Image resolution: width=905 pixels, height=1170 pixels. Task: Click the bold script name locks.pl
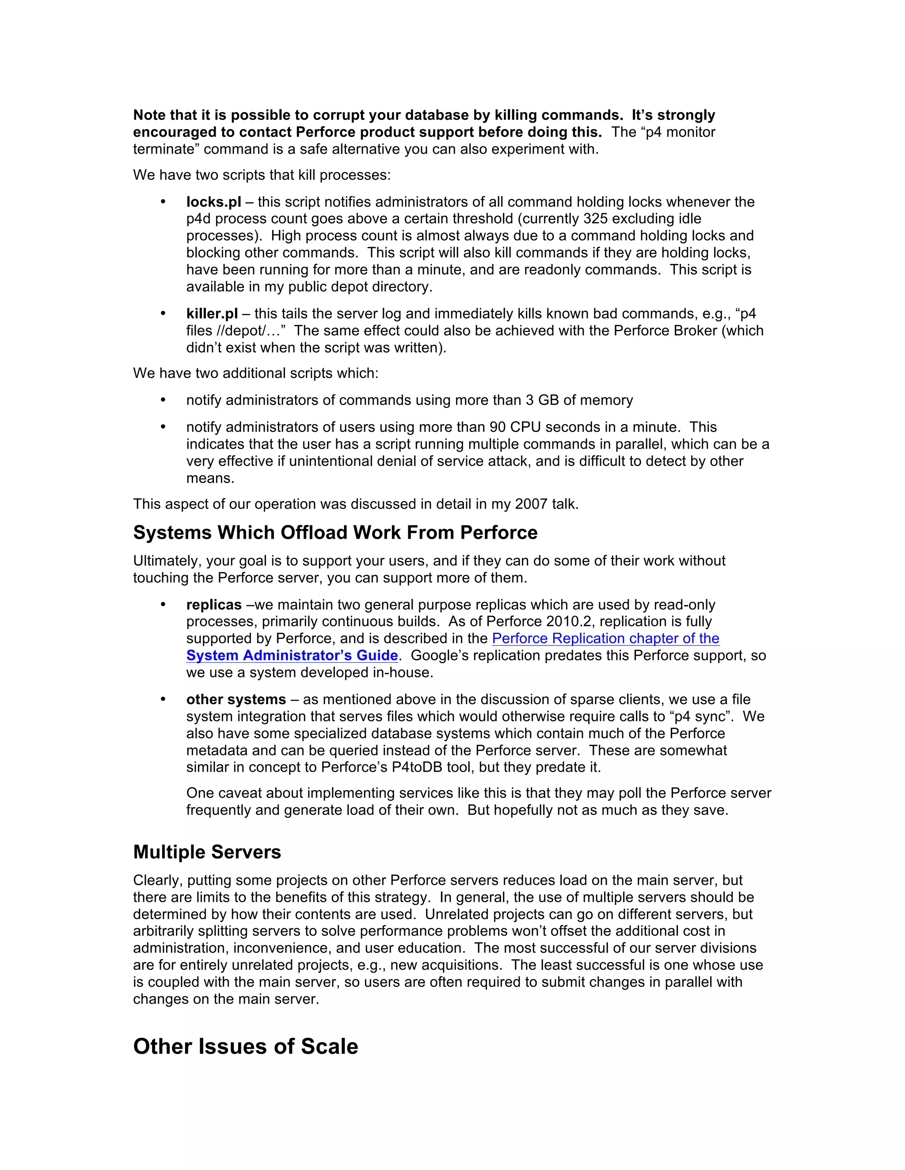tap(213, 202)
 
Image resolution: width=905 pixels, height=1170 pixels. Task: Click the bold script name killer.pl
tap(212, 313)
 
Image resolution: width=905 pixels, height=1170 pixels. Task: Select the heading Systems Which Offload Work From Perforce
tap(335, 532)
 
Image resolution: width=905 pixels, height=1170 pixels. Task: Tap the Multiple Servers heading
tap(207, 852)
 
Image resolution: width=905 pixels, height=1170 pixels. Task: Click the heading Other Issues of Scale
tap(246, 1046)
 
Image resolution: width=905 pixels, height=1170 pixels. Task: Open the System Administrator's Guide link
tap(292, 655)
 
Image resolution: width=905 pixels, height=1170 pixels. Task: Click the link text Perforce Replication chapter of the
tap(605, 638)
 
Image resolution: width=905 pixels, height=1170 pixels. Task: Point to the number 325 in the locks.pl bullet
tap(595, 219)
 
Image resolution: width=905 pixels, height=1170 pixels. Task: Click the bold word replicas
tap(214, 605)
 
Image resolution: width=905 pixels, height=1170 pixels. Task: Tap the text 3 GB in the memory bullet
tap(538, 400)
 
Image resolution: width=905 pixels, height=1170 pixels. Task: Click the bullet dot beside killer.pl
tap(163, 313)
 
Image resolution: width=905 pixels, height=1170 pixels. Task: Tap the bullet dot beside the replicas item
tap(163, 605)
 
